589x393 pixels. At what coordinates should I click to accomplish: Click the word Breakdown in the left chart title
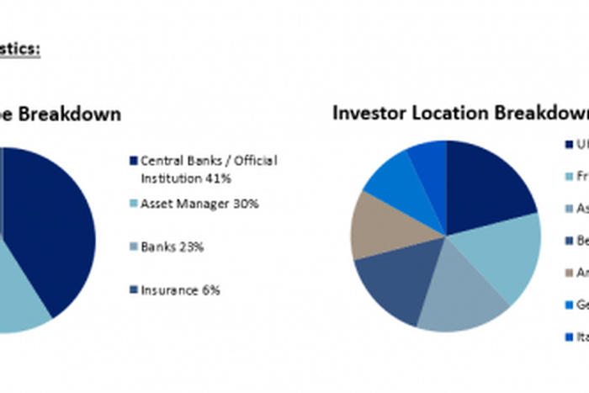[72, 113]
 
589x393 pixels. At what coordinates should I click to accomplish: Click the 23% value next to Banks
[192, 247]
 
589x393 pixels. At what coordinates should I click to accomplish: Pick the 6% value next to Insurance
[210, 289]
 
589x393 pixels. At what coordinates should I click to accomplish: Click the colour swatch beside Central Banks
[133, 161]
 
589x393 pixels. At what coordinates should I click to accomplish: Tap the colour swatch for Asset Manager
[133, 204]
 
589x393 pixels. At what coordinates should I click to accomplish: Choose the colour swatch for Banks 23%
[133, 247]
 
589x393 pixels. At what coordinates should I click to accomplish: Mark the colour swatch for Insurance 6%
[133, 290]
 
